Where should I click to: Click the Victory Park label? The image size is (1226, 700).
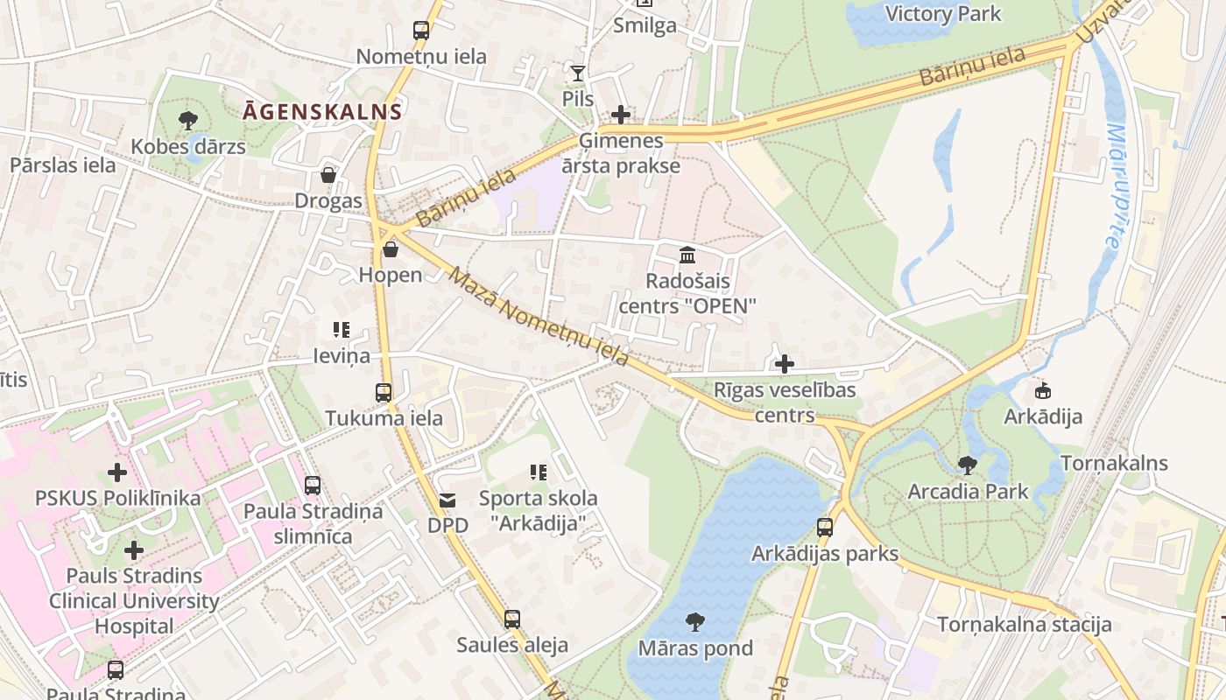tap(943, 14)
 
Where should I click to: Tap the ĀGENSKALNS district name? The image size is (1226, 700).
tap(323, 112)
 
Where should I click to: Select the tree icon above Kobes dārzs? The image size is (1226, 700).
tap(187, 121)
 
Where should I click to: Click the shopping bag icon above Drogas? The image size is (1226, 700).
tap(328, 176)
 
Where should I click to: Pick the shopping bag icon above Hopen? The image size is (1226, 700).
tap(391, 250)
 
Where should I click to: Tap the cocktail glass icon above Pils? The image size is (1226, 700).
tap(577, 73)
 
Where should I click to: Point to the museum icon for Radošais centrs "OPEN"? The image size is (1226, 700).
tap(687, 255)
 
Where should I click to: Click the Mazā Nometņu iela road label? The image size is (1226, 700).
tap(539, 317)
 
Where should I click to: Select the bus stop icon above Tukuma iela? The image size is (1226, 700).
tap(384, 393)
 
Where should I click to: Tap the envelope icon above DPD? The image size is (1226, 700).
tap(447, 500)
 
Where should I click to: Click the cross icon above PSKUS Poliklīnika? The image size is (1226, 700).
tap(117, 473)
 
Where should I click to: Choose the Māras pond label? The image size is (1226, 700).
tap(695, 648)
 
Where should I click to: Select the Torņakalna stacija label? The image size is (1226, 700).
tap(1025, 624)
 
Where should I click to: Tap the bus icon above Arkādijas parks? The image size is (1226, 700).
tap(825, 528)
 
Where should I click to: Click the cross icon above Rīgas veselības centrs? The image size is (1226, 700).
tap(785, 364)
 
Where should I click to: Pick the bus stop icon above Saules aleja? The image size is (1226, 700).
tap(512, 619)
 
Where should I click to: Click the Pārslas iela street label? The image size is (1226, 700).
tap(62, 164)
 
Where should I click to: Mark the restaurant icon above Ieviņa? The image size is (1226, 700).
tap(342, 330)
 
